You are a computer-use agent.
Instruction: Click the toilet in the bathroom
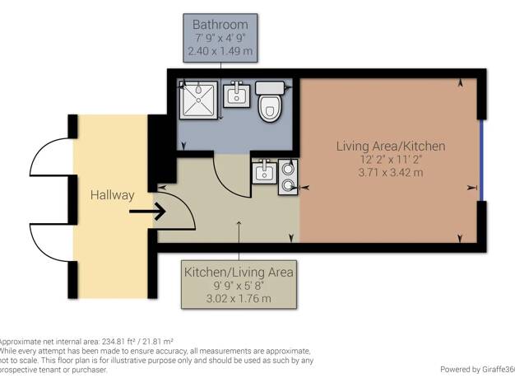[270, 101]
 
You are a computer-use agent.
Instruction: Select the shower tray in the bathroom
[198, 100]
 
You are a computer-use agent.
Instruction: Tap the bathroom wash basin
[236, 95]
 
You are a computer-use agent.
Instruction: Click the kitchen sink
[264, 171]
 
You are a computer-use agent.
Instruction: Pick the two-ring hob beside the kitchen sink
[288, 177]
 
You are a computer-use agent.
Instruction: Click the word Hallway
[113, 195]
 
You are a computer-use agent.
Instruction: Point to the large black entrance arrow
[147, 211]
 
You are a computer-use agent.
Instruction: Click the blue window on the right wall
[481, 160]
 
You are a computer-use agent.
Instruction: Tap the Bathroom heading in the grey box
[220, 25]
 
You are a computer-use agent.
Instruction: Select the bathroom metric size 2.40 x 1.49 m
[220, 51]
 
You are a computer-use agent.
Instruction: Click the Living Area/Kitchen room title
[391, 146]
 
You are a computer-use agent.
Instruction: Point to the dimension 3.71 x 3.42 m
[391, 172]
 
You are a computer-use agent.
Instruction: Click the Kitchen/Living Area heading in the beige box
[239, 273]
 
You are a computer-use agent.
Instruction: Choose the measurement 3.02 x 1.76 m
[239, 299]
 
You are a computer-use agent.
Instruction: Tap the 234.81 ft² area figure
[119, 341]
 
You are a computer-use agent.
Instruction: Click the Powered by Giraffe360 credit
[477, 369]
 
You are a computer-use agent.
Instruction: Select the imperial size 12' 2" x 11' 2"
[391, 160]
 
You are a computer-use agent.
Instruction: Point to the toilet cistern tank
[270, 88]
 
